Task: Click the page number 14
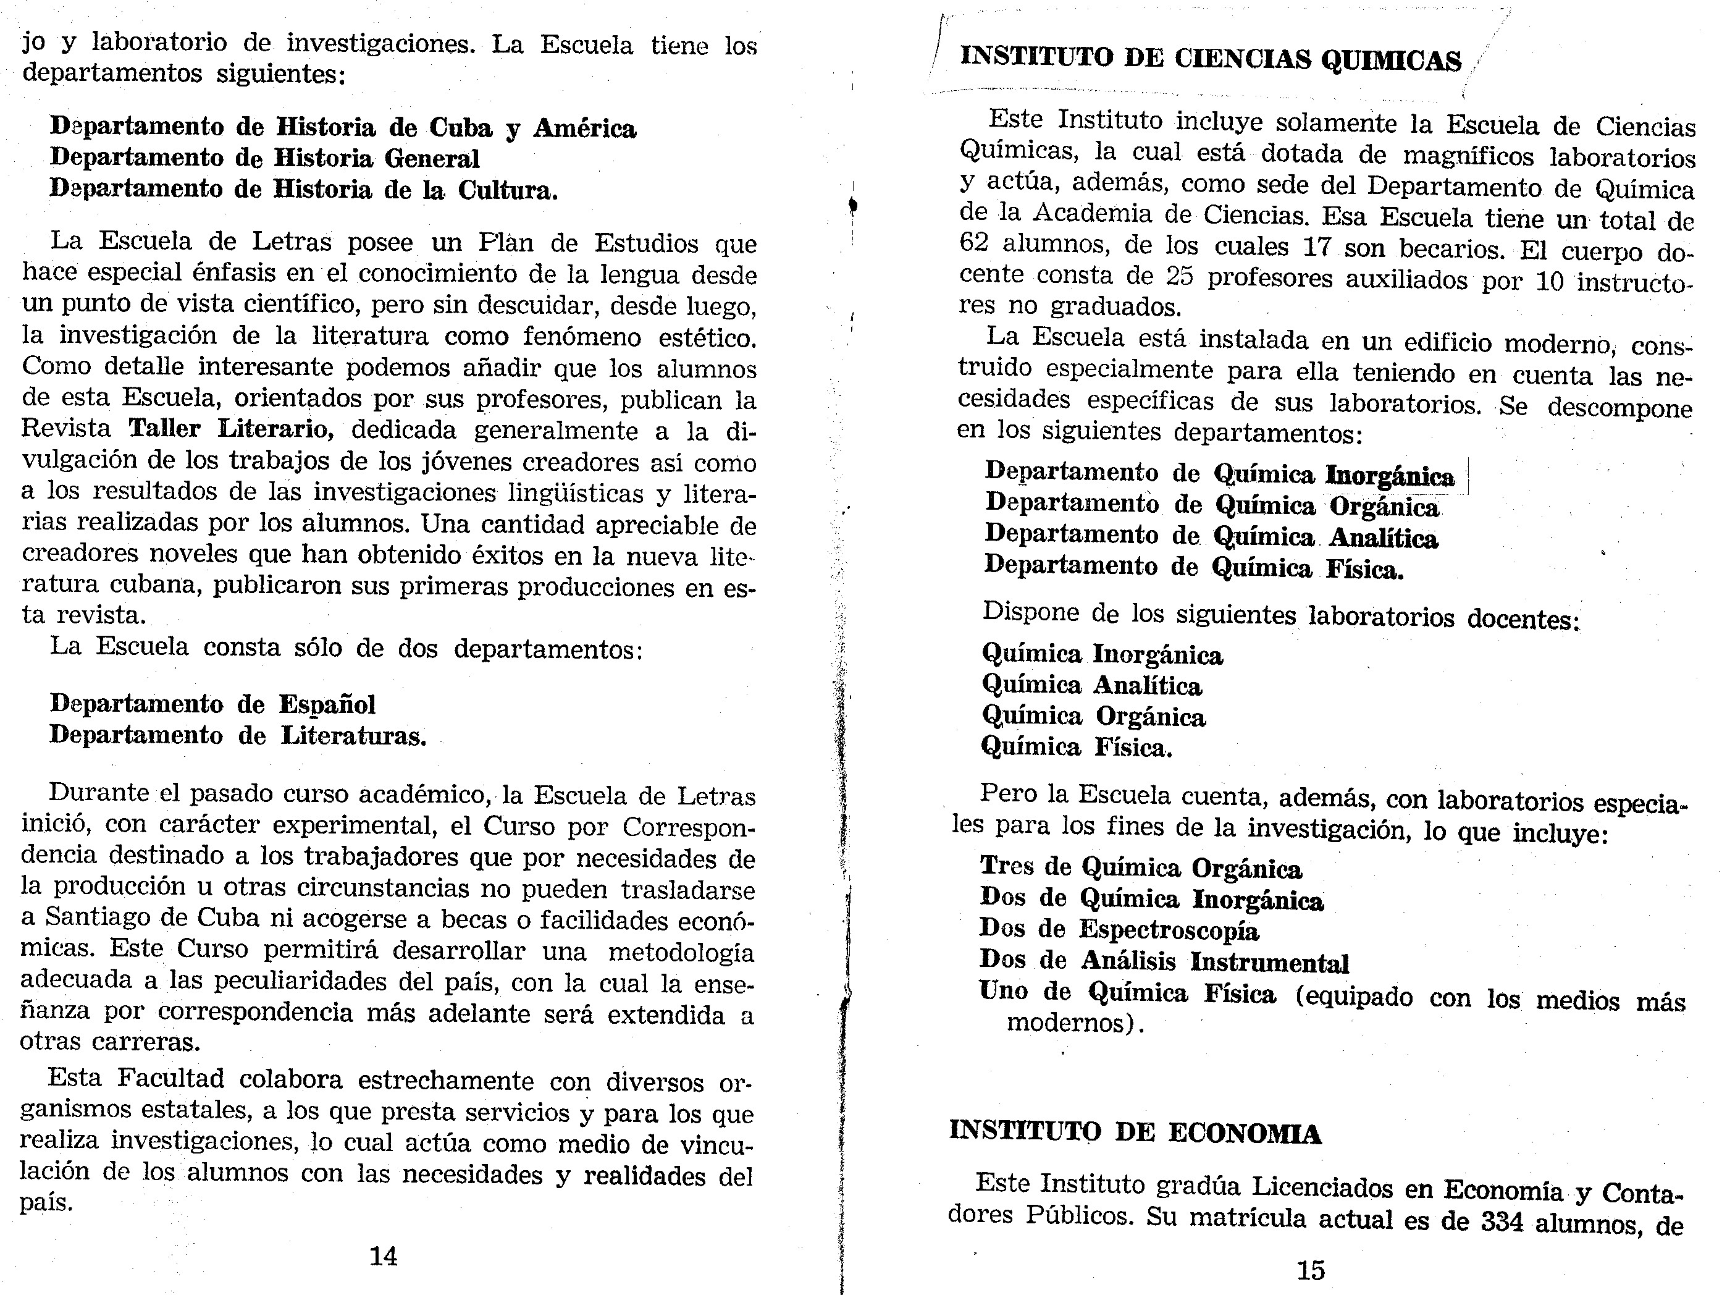click(383, 1256)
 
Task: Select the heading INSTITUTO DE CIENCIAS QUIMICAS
click(1211, 59)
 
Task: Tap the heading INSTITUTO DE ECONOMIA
click(1135, 1133)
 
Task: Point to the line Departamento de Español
click(212, 705)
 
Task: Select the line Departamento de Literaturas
click(237, 736)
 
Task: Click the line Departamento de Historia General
click(265, 159)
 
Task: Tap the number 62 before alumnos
click(974, 243)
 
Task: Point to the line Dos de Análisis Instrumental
click(1164, 962)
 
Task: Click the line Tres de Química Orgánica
click(1140, 867)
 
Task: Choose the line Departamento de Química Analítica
click(1211, 536)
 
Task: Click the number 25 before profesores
click(1180, 277)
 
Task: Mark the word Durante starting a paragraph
click(99, 793)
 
